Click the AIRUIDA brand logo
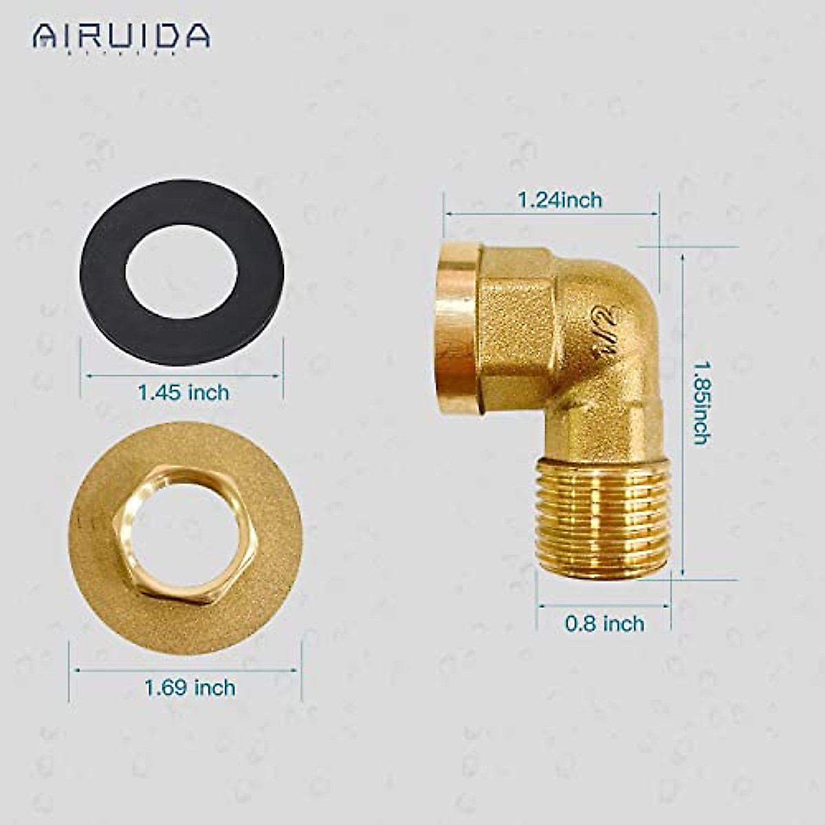[121, 36]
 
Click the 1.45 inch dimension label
[183, 393]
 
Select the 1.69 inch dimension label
[189, 687]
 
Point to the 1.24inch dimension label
[560, 200]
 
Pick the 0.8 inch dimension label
[604, 624]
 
